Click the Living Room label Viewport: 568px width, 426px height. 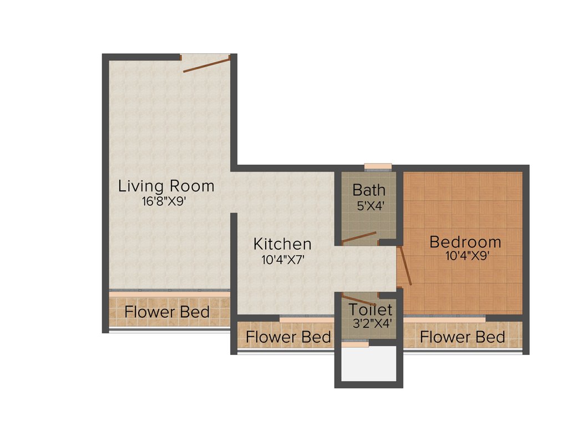(166, 186)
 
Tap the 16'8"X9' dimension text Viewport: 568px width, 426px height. (168, 201)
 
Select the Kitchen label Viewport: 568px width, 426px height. (282, 244)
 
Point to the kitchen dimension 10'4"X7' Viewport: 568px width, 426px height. (283, 258)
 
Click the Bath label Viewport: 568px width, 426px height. (369, 190)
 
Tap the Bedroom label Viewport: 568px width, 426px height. (465, 242)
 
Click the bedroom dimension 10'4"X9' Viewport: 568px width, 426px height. (467, 256)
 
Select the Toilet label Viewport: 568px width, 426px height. (370, 310)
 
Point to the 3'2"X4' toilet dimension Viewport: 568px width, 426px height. (370, 323)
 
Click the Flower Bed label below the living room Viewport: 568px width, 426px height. (167, 312)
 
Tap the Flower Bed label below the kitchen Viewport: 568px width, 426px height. (288, 337)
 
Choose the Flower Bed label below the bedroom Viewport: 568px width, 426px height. (463, 337)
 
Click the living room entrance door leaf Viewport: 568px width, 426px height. (206, 64)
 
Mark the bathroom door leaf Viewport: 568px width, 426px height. (358, 238)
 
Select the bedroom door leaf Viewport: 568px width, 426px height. (404, 266)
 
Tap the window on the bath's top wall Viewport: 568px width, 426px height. (378, 166)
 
